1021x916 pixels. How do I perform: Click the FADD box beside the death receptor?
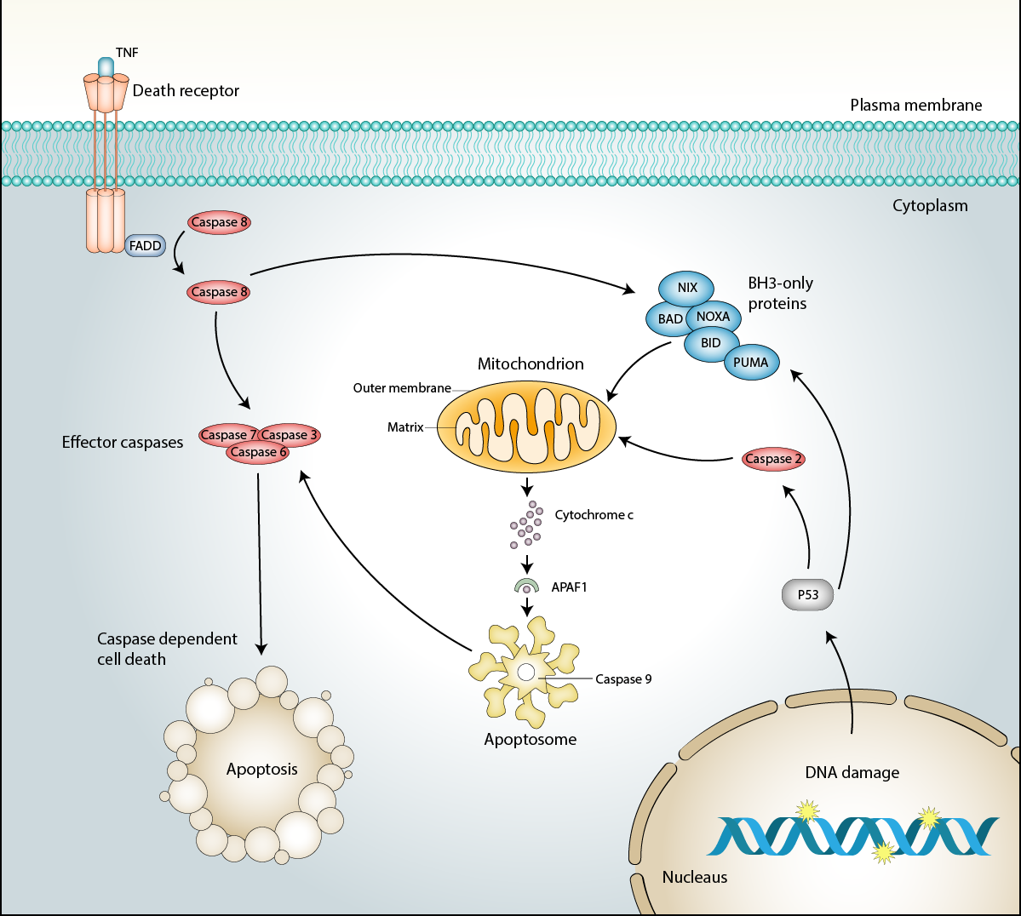coord(146,246)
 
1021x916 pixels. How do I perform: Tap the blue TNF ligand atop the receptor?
coord(106,66)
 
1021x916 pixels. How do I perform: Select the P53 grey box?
coord(807,595)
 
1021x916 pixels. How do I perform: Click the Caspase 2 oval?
coord(773,459)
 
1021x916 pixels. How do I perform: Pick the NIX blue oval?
coord(687,288)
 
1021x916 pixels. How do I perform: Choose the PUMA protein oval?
coord(750,363)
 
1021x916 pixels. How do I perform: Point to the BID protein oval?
coord(711,343)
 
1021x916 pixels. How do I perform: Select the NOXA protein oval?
coord(714,317)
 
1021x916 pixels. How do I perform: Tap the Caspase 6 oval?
coord(258,453)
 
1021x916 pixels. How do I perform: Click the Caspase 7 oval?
coord(226,435)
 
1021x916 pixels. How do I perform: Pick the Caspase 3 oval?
coord(290,435)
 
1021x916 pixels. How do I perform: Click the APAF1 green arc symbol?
coord(527,586)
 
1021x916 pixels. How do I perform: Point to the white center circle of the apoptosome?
coord(526,673)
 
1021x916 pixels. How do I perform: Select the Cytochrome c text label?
coord(594,515)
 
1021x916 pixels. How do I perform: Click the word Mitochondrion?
coord(531,364)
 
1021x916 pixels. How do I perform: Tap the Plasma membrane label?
coord(915,106)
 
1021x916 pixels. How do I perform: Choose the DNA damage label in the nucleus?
coord(852,773)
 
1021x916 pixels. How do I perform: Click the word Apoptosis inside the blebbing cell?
coord(262,770)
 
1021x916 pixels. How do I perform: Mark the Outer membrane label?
coord(402,388)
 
